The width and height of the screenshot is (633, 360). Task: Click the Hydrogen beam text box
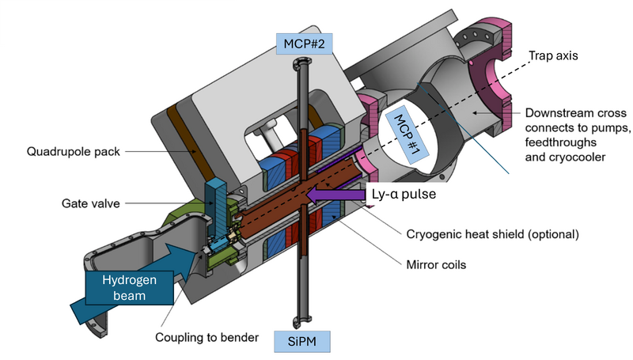point(127,288)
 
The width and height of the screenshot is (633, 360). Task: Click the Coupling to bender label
point(209,338)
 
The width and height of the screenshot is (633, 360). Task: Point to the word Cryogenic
point(430,235)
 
